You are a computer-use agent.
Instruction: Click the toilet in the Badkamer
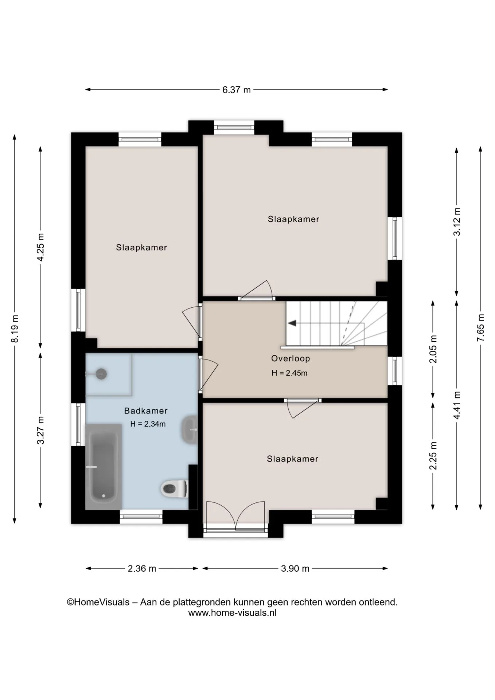click(x=174, y=488)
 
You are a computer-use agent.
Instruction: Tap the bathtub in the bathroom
click(x=104, y=467)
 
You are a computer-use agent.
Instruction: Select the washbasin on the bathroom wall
click(x=189, y=429)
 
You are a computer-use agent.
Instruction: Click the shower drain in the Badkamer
click(x=101, y=374)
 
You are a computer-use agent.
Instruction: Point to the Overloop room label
click(x=291, y=358)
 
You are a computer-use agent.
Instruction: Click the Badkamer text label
click(x=146, y=411)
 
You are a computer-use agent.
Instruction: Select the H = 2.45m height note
click(x=289, y=373)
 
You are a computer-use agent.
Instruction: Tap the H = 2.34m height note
click(x=148, y=424)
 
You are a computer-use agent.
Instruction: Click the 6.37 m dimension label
click(x=237, y=90)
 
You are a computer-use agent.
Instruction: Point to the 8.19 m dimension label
click(x=15, y=328)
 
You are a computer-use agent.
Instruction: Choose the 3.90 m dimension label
click(x=295, y=568)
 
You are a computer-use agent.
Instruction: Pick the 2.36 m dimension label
click(x=142, y=568)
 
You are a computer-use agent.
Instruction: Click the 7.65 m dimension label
click(x=481, y=327)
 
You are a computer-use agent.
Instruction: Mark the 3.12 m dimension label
click(x=457, y=222)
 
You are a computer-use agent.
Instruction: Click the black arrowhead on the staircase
click(x=292, y=323)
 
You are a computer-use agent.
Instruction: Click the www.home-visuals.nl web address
click(x=232, y=613)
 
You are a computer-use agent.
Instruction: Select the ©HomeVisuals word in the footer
click(x=98, y=602)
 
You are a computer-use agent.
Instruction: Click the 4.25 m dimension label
click(x=40, y=247)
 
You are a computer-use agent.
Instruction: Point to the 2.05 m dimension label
click(x=433, y=349)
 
